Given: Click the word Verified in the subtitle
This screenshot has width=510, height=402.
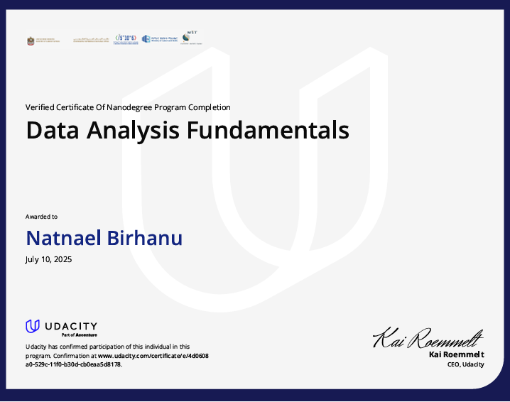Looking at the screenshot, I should point(40,107).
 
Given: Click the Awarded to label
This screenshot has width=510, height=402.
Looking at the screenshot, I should point(41,216).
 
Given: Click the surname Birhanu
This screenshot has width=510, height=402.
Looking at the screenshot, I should point(146,238).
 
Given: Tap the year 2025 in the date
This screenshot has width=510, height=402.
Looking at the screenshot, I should point(62,260).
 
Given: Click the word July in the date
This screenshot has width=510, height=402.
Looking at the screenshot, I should point(33,260).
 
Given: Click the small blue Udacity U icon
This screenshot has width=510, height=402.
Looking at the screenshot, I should point(32,326).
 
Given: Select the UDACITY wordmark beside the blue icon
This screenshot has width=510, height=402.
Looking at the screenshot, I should point(71,325).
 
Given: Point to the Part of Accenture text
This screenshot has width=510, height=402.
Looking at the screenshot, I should point(79,335).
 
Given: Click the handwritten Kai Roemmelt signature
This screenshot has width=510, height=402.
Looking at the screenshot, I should point(428,338).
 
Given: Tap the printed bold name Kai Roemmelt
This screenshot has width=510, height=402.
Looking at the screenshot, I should point(457,354).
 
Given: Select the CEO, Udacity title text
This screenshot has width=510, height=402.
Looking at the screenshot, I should point(465,364).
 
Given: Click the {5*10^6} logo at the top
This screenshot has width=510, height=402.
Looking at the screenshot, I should point(126,39).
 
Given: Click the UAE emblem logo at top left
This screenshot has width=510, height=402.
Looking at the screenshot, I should point(31,40).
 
